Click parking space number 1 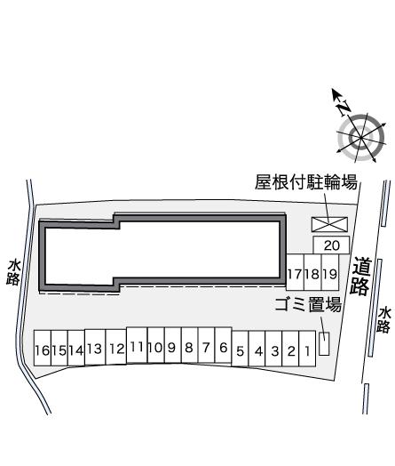[x=307, y=349]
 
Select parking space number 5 [x=241, y=349]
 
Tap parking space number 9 [x=173, y=345]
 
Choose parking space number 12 [x=116, y=347]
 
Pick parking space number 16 [x=43, y=348]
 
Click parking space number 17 [x=295, y=272]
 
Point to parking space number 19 [x=330, y=272]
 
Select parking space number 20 [x=332, y=245]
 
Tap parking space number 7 [x=207, y=345]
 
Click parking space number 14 [x=76, y=348]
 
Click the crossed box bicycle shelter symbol [x=329, y=224]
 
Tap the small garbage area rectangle [x=324, y=343]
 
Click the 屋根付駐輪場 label [x=306, y=181]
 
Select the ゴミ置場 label [x=308, y=305]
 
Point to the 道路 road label [x=361, y=276]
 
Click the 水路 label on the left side [x=13, y=272]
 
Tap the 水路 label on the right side [x=384, y=320]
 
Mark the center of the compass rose [x=361, y=138]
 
